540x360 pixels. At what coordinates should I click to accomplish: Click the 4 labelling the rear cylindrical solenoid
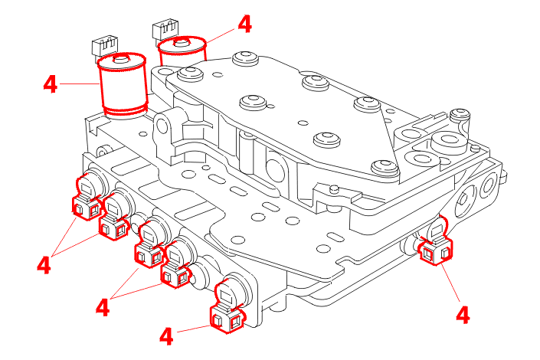point(244,24)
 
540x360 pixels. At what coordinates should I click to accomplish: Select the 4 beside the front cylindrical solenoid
point(51,83)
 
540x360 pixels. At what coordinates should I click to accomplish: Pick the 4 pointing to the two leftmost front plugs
point(44,265)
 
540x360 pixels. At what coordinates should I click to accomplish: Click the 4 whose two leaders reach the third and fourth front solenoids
point(103,307)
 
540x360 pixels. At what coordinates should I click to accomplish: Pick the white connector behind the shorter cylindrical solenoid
point(165,29)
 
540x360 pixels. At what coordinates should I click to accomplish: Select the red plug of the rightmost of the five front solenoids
point(228,321)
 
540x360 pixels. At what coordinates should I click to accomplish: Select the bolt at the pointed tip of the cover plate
point(383,168)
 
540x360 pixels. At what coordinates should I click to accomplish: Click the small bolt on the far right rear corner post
point(460,116)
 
